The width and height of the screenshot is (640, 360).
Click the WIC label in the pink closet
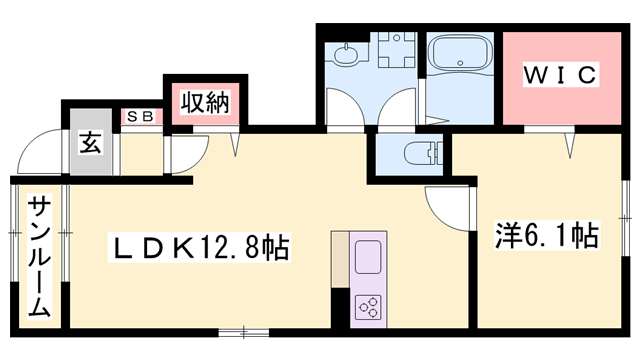tap(561, 74)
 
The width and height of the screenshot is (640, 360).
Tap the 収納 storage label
tap(206, 101)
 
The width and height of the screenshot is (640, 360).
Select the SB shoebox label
tap(139, 116)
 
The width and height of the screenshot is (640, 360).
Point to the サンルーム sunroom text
tap(39, 256)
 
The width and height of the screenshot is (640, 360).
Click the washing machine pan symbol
tap(397, 51)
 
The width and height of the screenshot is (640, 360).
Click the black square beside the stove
tap(339, 307)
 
